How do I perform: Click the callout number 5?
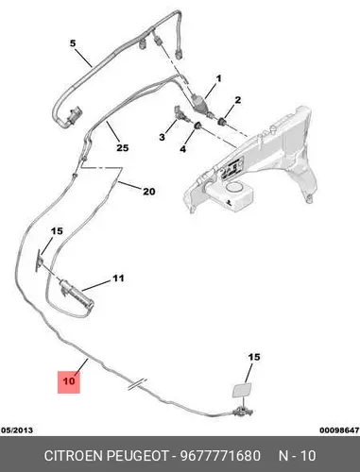(x=73, y=43)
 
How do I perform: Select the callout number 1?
(x=218, y=78)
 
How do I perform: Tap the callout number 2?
(x=238, y=100)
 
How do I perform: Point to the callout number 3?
(x=162, y=137)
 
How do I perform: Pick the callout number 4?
(x=183, y=148)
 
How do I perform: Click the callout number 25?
(x=123, y=147)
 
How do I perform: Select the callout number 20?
(x=149, y=191)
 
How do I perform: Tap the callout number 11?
(x=118, y=278)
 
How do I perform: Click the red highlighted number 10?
(x=69, y=381)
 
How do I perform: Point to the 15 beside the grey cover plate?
(x=254, y=357)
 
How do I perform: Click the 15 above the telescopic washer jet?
(x=57, y=231)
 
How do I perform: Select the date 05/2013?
(x=17, y=430)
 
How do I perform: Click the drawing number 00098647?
(x=339, y=430)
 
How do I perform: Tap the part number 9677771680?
(x=220, y=456)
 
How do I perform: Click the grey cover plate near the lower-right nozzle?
(x=242, y=390)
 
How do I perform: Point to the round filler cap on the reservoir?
(x=234, y=189)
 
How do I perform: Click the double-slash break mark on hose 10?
(x=137, y=384)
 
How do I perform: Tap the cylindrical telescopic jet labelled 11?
(x=77, y=293)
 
